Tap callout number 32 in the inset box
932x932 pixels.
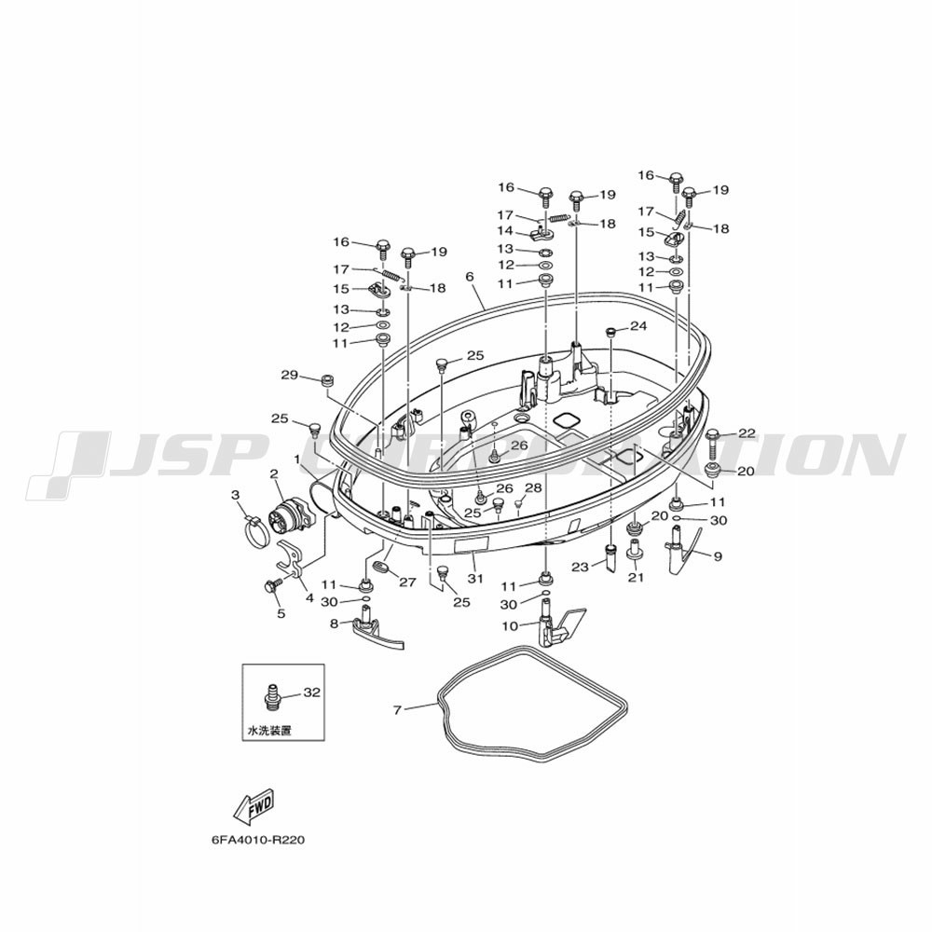311,692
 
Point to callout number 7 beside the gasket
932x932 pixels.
397,709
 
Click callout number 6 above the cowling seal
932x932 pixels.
470,277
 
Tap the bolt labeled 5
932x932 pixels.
273,586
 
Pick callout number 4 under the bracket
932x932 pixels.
309,598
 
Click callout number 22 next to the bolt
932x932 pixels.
747,433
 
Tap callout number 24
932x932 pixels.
638,326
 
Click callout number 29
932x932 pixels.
289,375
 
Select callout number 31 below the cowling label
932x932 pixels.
474,577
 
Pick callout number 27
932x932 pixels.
408,582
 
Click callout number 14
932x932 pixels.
504,230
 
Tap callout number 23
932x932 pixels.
580,567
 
